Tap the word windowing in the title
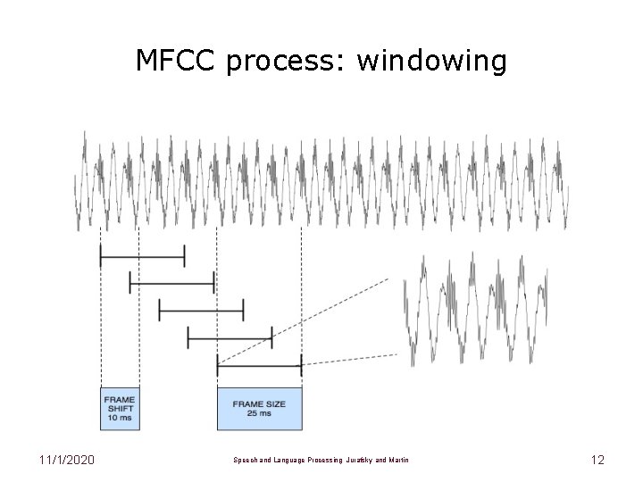coord(431,62)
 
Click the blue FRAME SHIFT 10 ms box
coord(120,408)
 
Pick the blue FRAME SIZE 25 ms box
coord(259,408)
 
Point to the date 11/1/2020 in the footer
coord(67,460)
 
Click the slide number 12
coord(597,460)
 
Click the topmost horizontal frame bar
coord(142,257)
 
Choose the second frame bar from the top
coord(171,284)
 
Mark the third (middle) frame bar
coord(201,310)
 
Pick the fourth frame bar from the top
coord(230,337)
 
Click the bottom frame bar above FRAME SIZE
coord(259,364)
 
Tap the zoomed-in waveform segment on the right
coord(474,303)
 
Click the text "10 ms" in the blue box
coord(120,418)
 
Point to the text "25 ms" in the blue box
coord(259,413)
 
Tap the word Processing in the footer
coord(320,461)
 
